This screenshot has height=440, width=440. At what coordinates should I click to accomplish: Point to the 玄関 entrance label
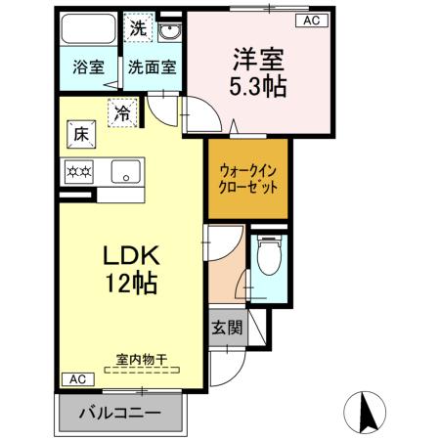coord(224,328)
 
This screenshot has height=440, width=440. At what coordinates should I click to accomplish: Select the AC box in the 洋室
coord(311,20)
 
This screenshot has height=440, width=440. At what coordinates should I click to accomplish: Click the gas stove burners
coord(78,172)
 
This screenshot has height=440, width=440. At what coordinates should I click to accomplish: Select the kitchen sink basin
coord(125,172)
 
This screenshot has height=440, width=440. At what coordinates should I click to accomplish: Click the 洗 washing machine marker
coord(139,29)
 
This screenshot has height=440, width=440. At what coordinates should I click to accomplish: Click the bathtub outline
coord(88,31)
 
